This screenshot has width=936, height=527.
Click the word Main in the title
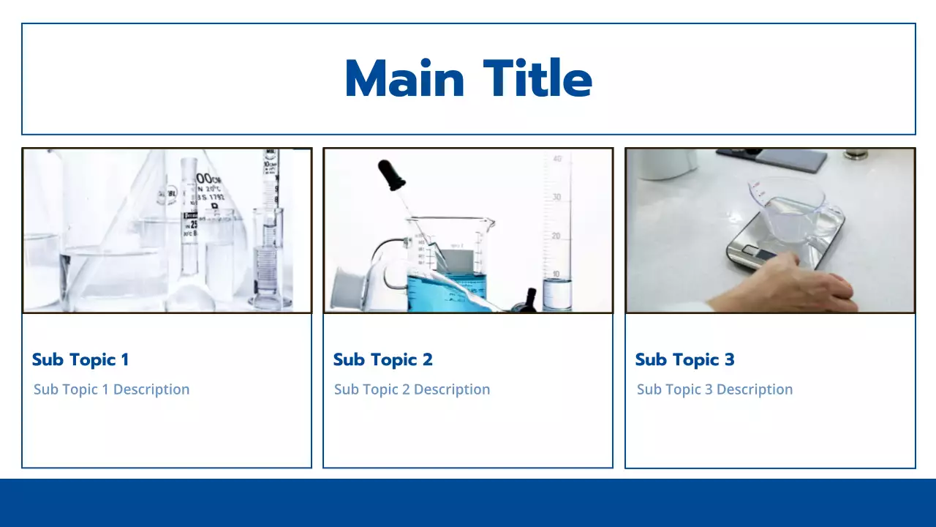[404, 79]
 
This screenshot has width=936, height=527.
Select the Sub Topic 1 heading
[80, 359]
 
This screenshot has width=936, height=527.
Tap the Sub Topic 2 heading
[382, 359]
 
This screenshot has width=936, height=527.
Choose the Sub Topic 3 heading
[684, 359]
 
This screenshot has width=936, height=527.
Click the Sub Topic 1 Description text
[111, 389]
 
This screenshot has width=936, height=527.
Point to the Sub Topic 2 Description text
[412, 389]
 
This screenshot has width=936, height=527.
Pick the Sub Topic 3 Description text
[714, 389]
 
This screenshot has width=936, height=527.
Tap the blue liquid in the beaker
[446, 289]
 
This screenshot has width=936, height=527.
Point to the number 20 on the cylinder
[556, 236]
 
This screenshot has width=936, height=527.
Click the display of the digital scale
[760, 254]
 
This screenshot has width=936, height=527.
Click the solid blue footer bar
[468, 503]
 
